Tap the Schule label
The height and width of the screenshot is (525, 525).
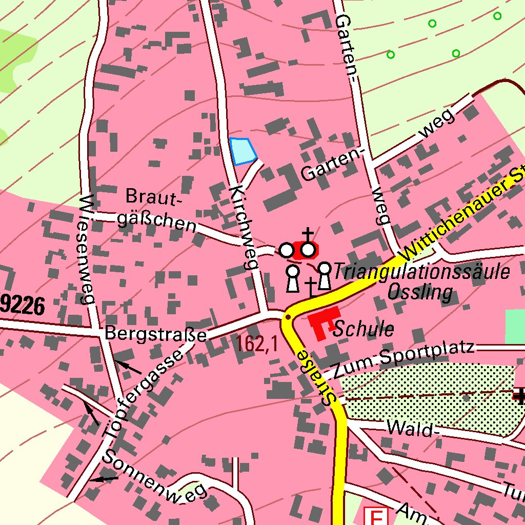[x=364, y=329]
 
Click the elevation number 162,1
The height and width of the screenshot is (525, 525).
[x=257, y=344]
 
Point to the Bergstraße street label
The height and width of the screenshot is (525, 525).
[x=155, y=334]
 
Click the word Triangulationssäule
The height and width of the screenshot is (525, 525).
[x=421, y=272]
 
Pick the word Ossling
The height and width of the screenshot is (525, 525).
[x=420, y=292]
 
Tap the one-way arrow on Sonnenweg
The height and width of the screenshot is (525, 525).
[x=104, y=479]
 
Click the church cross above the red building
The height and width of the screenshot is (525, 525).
[x=308, y=235]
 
